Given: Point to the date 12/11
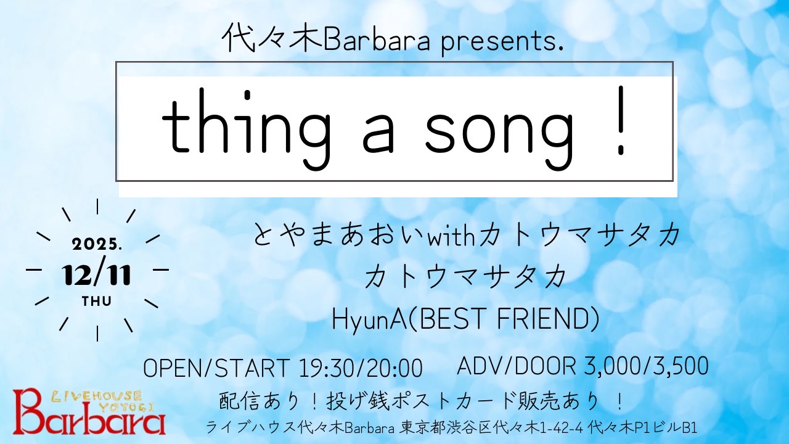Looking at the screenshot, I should coord(97,276).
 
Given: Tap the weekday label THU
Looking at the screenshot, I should coord(97,302).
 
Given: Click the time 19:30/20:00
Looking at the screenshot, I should coord(361,368).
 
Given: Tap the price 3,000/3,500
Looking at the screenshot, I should coord(645,366).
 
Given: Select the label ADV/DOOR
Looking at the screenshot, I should coord(516,366).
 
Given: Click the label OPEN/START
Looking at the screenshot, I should coord(216,368).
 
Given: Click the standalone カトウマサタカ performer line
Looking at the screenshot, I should coord(466,277).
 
